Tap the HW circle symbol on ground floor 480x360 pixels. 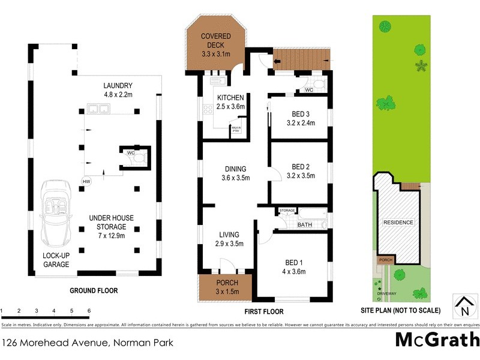coord(86,181)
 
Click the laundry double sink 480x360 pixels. coord(97,109)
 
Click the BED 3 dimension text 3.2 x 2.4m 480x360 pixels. coord(301,123)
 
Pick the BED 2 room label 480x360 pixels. coord(301,166)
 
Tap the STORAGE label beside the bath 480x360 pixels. coord(287,211)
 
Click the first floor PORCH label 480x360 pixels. coord(227,283)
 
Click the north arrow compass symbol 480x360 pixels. coord(464,306)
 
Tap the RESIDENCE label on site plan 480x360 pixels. coord(398,223)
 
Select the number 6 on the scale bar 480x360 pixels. coord(89,311)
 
